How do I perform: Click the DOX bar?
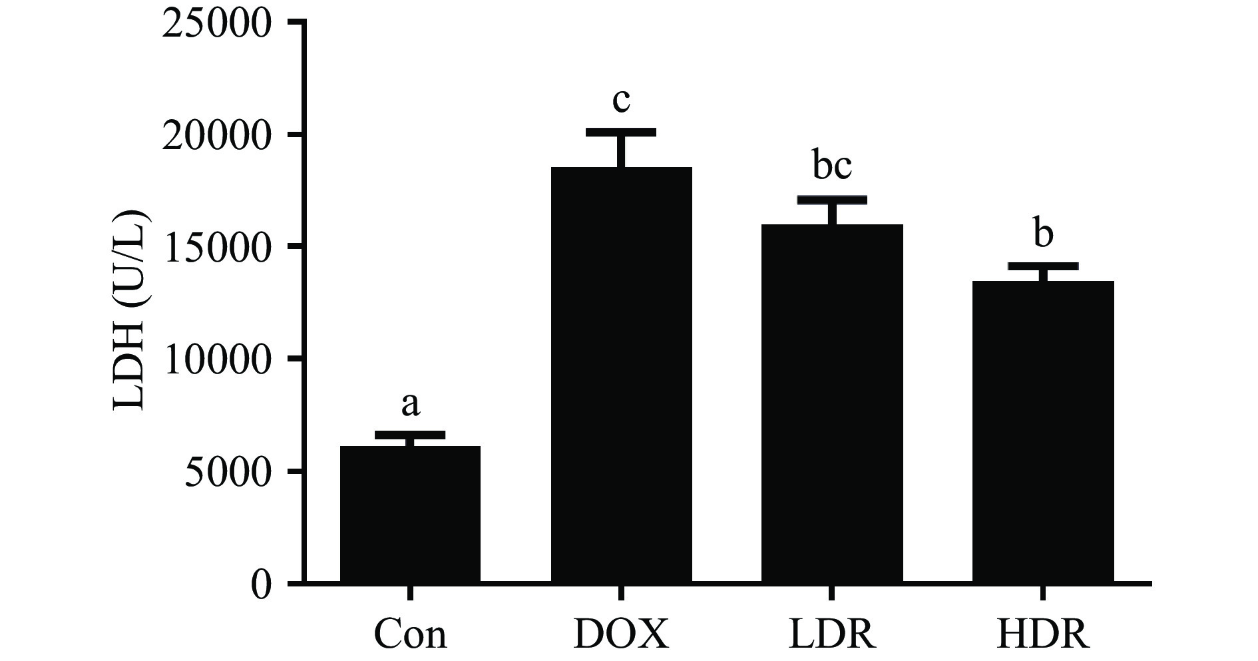point(621,375)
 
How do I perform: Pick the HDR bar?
point(1043,432)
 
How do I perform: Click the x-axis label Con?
point(410,634)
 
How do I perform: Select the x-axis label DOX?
point(621,634)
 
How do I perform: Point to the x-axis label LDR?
point(832,634)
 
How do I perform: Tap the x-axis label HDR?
point(1043,634)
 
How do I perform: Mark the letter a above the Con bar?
point(411,404)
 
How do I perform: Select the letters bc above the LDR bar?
point(832,166)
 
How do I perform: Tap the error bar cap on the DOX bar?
point(621,132)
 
